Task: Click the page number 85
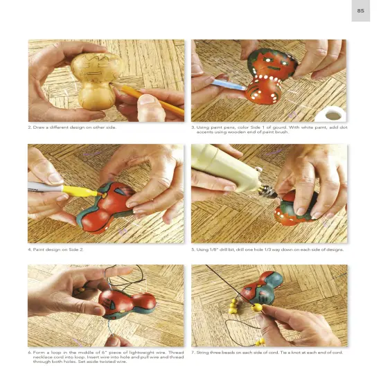[x=361, y=10]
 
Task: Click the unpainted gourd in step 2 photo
[x=97, y=80]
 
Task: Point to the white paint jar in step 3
[x=331, y=114]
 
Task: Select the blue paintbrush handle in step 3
[x=229, y=85]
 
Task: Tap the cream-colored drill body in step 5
[x=224, y=167]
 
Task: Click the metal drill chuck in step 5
[x=269, y=191]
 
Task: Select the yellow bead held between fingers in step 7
[x=257, y=308]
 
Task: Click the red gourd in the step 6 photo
[x=127, y=304]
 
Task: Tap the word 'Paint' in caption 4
[x=38, y=249]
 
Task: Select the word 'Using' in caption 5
[x=202, y=249]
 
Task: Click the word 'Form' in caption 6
[x=38, y=353]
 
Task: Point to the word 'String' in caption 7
[x=203, y=353]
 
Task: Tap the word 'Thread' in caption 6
[x=176, y=353]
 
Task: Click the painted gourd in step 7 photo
[x=262, y=288]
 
